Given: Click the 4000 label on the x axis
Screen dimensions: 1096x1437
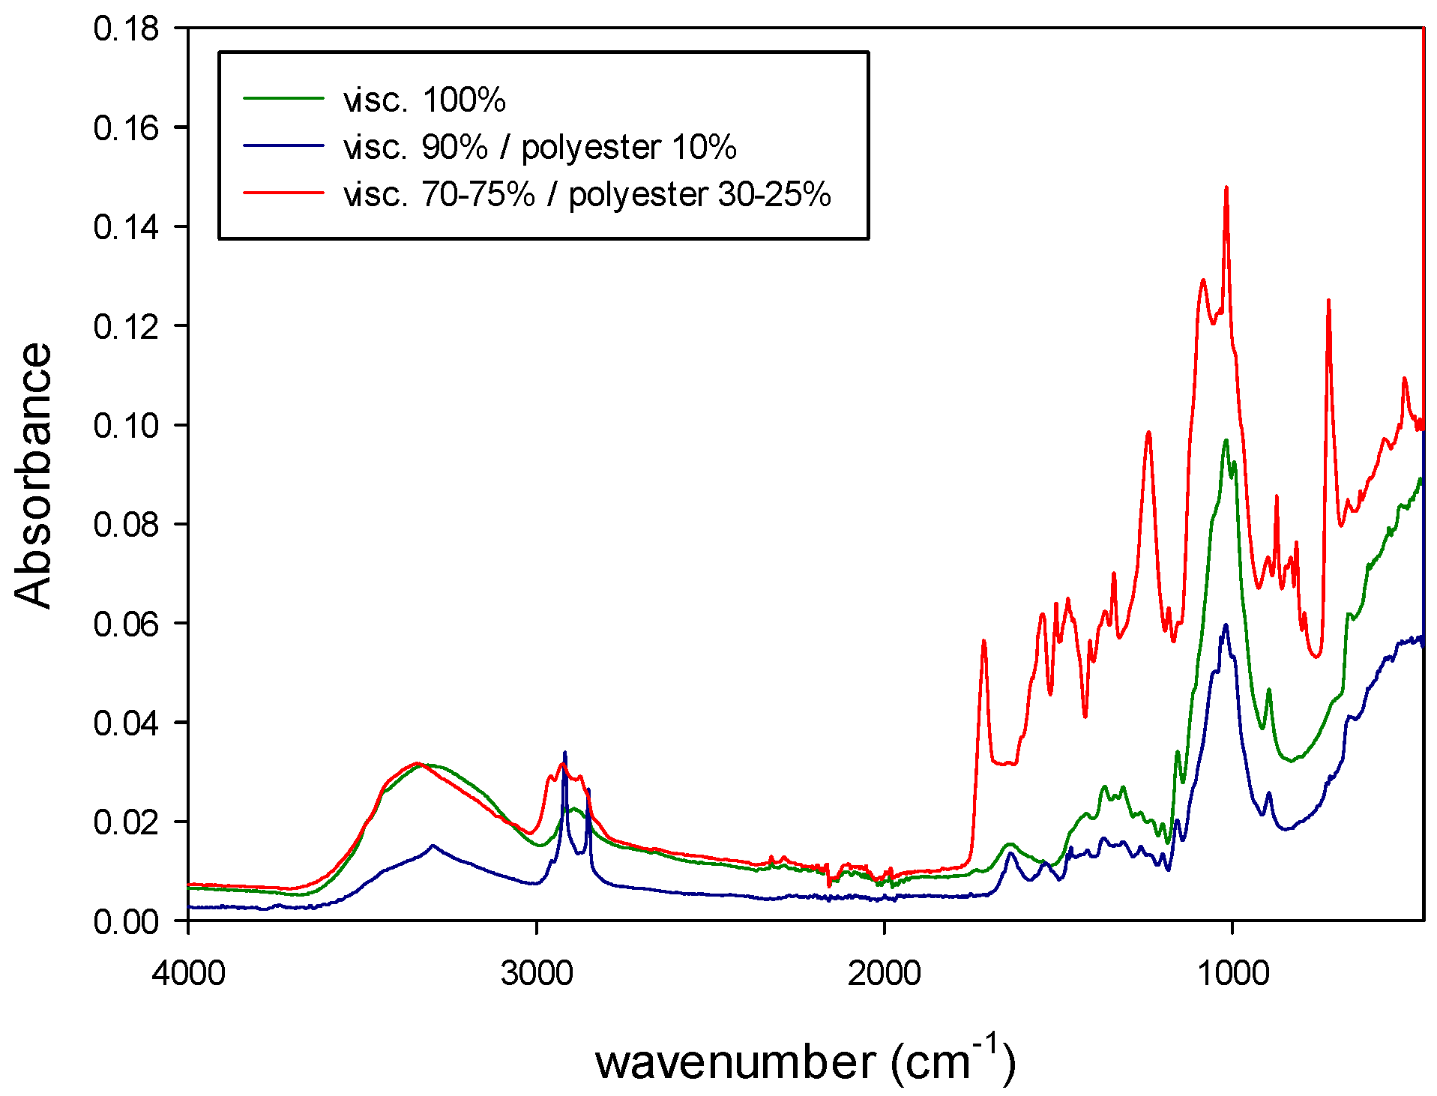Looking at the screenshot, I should click(x=188, y=973).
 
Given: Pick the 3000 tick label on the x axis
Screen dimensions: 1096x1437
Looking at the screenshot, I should click(x=537, y=973).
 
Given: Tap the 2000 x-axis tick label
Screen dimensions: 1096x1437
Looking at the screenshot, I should click(x=885, y=973).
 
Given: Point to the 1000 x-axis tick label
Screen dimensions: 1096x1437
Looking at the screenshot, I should click(x=1232, y=973).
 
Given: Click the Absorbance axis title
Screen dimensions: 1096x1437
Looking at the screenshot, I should click(x=33, y=475).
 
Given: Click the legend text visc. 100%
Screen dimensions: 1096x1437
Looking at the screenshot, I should click(x=424, y=100).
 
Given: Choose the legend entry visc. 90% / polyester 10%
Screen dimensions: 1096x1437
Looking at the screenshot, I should click(x=540, y=147).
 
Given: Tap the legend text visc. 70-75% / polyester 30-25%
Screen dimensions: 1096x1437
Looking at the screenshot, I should click(x=587, y=195).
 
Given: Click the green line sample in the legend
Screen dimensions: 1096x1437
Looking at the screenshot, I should click(x=283, y=98).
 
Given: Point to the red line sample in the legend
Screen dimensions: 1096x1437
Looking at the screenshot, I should click(x=283, y=193).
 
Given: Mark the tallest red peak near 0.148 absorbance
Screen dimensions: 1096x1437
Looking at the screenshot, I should click(x=1226, y=188).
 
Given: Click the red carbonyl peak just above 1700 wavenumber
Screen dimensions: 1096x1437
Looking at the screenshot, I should click(x=983, y=641).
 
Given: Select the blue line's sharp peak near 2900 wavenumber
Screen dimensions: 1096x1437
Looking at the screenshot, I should click(x=564, y=753).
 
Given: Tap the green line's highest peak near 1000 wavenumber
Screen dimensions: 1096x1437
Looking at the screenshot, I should click(x=1226, y=441).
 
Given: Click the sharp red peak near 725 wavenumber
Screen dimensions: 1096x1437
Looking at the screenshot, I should click(x=1328, y=301).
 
